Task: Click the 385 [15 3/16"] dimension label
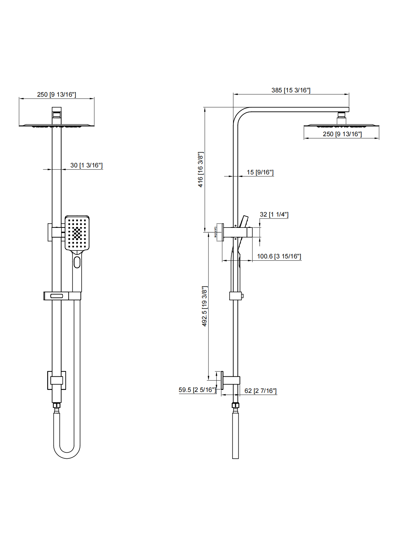291,90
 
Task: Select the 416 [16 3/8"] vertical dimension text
200,169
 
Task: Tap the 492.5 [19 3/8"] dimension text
204,306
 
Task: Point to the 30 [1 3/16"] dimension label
86,165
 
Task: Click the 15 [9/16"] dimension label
260,172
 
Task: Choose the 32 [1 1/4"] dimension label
274,215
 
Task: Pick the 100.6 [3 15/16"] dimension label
279,256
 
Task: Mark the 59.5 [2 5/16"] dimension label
197,390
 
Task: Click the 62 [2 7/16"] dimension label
260,391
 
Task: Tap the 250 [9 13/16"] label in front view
56,95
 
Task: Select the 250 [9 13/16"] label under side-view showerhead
342,134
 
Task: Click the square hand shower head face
77,233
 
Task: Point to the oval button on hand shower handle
77,262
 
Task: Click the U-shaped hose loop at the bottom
67,453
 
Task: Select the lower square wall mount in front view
56,380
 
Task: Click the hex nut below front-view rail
57,405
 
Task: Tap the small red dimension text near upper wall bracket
215,232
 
